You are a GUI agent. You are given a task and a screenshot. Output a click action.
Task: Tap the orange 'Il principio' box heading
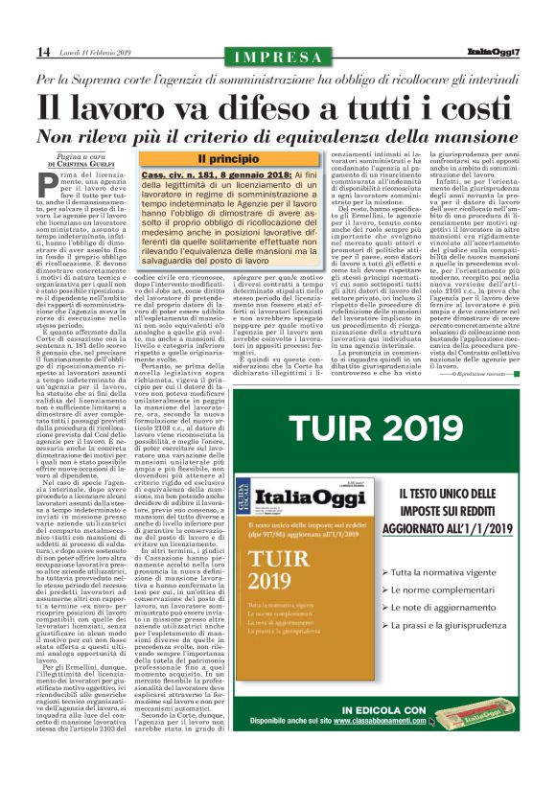228,158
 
